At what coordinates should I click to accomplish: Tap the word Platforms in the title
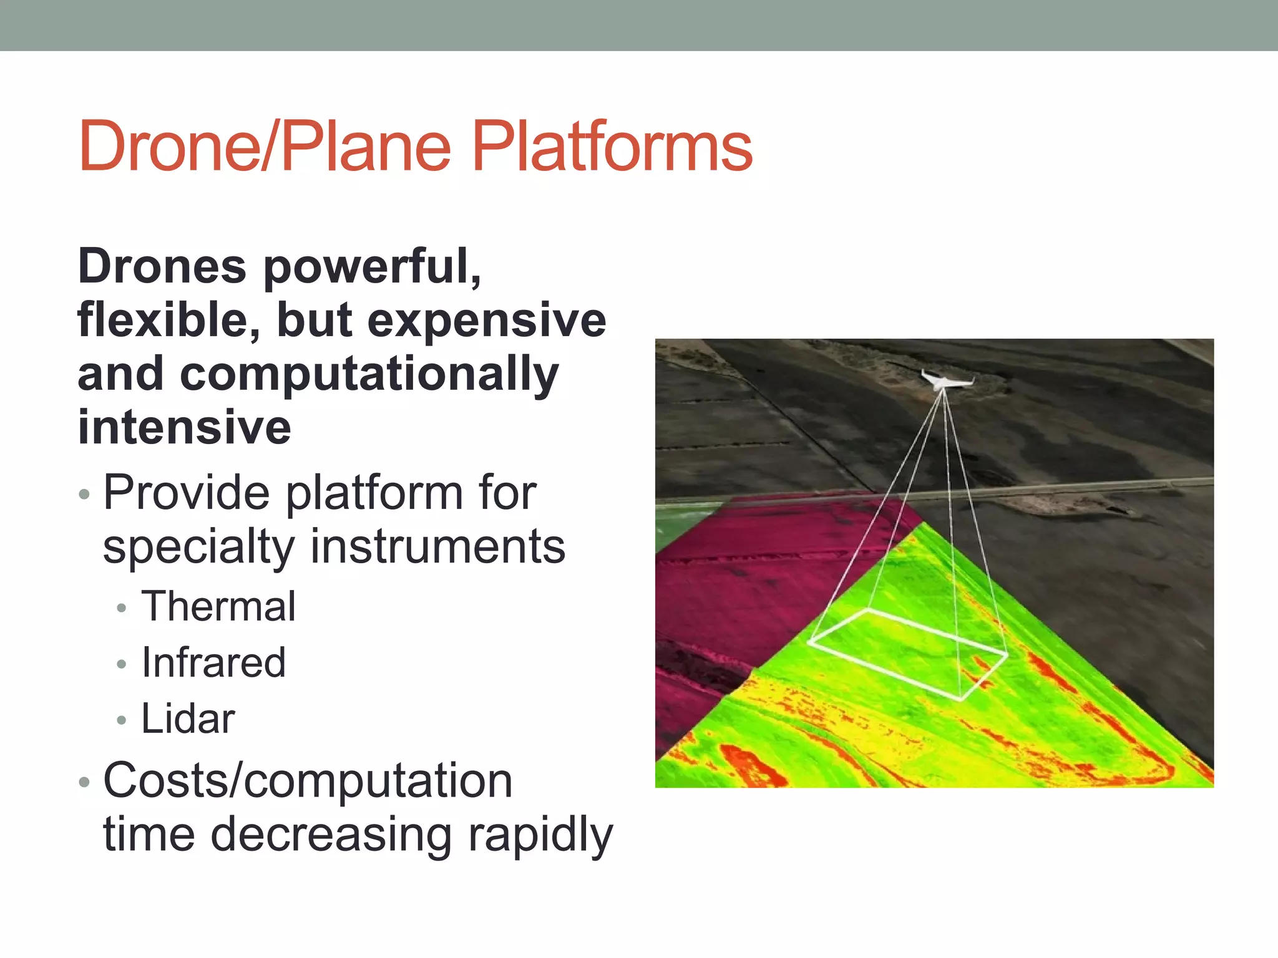point(612,147)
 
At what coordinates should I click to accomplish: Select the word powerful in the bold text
point(373,267)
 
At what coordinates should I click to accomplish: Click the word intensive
point(184,428)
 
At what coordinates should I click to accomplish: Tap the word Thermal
point(218,606)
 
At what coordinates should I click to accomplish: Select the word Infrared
point(213,662)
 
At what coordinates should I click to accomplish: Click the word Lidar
point(188,718)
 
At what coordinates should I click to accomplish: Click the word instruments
point(437,546)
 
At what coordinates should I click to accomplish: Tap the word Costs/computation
point(308,781)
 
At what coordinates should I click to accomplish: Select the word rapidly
point(540,836)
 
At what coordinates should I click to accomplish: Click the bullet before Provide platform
point(85,495)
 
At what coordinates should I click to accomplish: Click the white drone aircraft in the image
point(944,380)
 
